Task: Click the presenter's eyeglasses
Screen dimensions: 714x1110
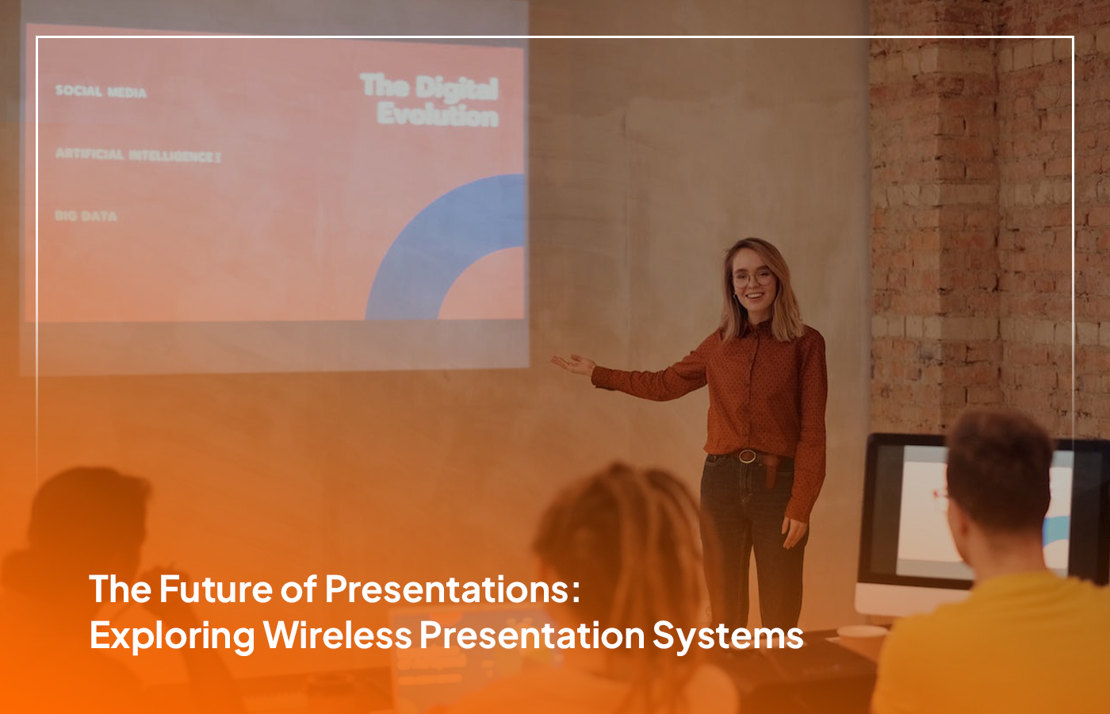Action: pos(752,278)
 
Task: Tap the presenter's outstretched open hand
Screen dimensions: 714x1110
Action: pos(572,364)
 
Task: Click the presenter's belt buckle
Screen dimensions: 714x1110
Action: pos(747,456)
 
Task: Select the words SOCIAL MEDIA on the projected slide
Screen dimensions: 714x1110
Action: pos(101,92)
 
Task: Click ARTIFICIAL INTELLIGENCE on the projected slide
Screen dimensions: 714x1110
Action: pos(137,155)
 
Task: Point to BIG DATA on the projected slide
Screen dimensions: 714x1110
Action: pos(86,216)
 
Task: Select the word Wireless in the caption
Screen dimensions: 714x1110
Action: pos(338,635)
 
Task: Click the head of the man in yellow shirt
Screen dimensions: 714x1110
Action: pos(1001,484)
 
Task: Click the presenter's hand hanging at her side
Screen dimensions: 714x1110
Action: pos(793,532)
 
